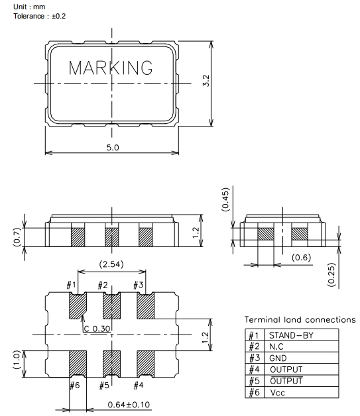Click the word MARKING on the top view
111,68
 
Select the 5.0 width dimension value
113,147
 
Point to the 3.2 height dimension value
206,81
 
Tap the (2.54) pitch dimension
111,264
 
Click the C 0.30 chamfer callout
97,329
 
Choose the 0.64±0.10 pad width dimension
129,405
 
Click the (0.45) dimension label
225,199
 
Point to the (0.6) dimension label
302,257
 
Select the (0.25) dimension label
331,275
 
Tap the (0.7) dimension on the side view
17,237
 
